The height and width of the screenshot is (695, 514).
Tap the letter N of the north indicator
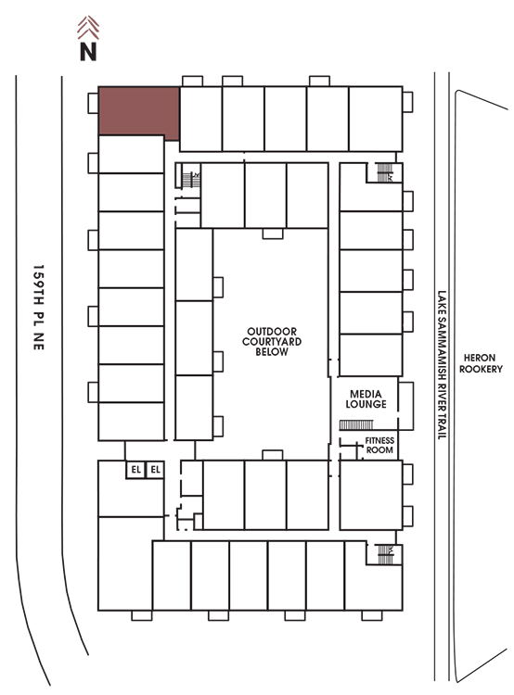[88, 51]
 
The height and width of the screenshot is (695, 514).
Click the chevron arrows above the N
[88, 28]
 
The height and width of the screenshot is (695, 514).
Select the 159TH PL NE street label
[39, 308]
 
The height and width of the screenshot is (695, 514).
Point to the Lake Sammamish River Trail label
[442, 365]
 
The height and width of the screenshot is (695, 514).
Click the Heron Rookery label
[481, 363]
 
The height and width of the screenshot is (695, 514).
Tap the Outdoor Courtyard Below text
[272, 342]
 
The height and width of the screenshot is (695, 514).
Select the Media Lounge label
[366, 398]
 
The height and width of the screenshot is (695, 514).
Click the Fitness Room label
[379, 445]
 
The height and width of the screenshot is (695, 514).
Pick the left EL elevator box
[135, 470]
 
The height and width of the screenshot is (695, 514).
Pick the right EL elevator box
[155, 470]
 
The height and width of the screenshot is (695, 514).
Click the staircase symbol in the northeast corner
[385, 172]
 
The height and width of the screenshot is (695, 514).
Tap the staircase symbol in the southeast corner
[385, 554]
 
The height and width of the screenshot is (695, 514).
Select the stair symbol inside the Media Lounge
[356, 425]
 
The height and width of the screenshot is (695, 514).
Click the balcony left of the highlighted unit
[93, 103]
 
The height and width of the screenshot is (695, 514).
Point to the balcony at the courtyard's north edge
[273, 234]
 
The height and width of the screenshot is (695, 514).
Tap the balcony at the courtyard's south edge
[273, 455]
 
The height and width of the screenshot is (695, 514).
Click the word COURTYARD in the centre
[272, 342]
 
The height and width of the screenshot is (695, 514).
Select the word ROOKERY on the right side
[481, 369]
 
